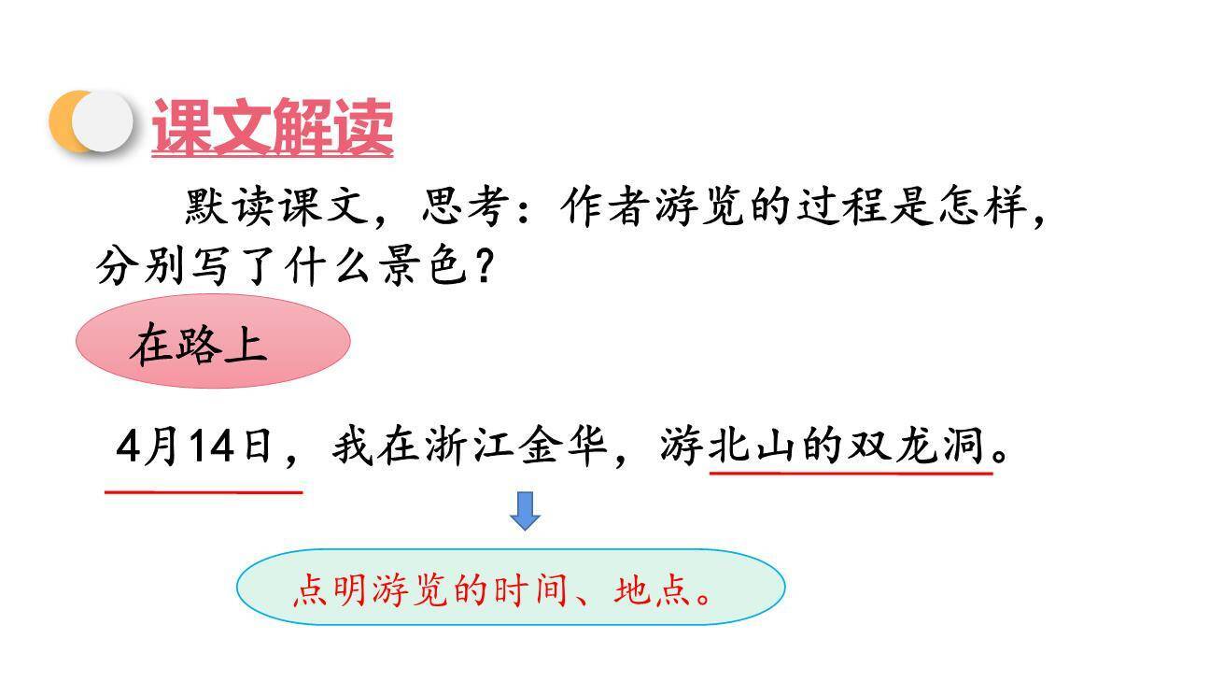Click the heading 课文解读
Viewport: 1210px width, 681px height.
272,126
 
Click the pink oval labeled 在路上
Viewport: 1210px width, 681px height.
212,342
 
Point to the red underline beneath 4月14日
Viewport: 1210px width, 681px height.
203,490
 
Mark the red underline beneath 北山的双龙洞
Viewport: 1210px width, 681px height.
850,474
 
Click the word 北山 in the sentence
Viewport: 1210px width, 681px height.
754,447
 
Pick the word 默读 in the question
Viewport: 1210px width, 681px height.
230,207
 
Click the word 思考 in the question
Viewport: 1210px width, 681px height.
467,207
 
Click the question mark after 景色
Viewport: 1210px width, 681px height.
483,268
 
